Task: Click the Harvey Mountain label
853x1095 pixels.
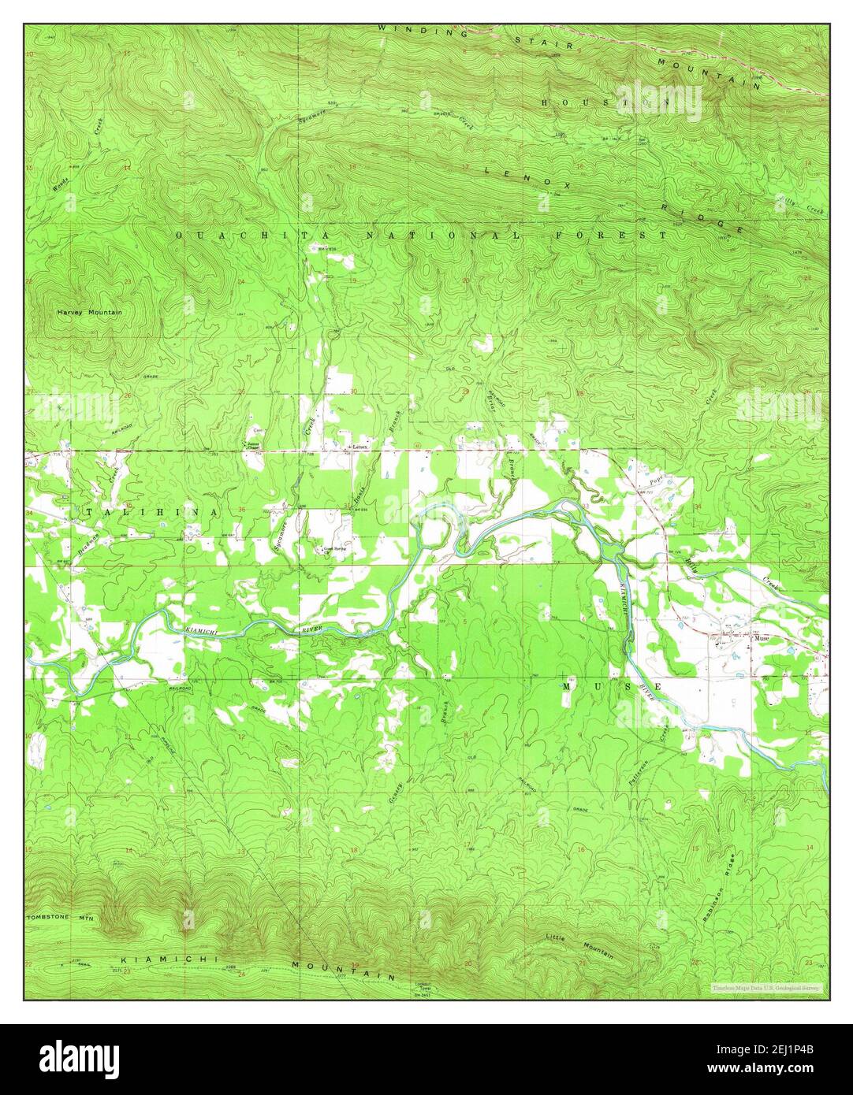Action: pyautogui.click(x=89, y=313)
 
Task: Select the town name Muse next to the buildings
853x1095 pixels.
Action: pyautogui.click(x=762, y=639)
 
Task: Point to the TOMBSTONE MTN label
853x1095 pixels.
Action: pyautogui.click(x=60, y=919)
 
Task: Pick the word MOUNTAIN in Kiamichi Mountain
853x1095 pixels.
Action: pyautogui.click(x=342, y=970)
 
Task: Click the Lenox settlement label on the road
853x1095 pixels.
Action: pyautogui.click(x=360, y=447)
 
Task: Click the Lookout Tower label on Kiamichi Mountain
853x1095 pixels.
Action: pyautogui.click(x=426, y=985)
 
